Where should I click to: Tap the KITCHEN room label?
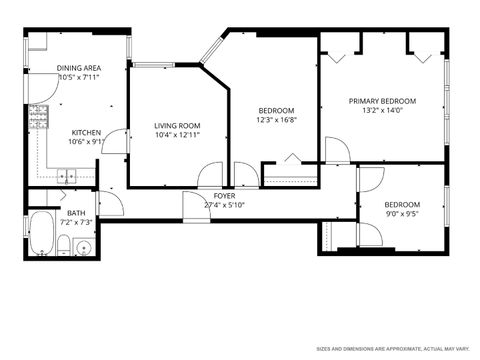click(87, 133)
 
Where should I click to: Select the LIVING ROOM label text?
click(177, 125)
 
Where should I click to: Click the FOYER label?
click(224, 195)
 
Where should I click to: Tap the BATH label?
click(76, 213)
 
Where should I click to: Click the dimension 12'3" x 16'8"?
click(276, 119)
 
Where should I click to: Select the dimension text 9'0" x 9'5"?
click(403, 212)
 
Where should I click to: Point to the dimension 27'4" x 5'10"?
click(224, 205)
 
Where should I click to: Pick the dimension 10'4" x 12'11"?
click(177, 135)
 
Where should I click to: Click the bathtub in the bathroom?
click(42, 233)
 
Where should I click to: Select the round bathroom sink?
click(84, 245)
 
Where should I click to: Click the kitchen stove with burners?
click(39, 117)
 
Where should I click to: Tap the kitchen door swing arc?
click(117, 141)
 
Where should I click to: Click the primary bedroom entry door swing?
click(338, 150)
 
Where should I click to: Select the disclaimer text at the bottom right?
click(392, 349)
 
